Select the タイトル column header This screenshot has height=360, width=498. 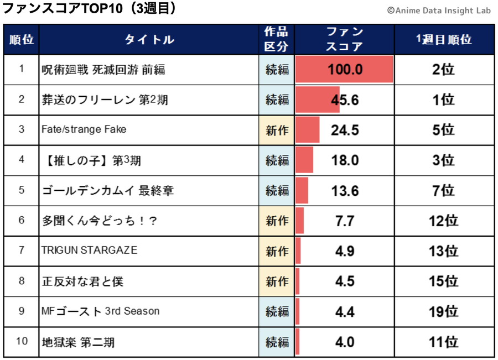[149, 39]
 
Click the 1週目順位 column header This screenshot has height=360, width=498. [444, 39]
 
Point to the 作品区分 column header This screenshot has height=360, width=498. [276, 39]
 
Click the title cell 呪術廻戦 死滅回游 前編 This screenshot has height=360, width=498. [103, 70]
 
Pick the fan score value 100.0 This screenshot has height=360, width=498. [345, 70]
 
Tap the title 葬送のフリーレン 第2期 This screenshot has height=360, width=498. [105, 100]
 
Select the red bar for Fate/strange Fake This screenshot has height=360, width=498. [307, 130]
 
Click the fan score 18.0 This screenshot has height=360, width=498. [345, 160]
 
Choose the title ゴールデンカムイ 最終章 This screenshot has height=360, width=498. [108, 191]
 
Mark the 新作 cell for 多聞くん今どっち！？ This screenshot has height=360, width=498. [277, 221]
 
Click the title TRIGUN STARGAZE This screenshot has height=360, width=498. [89, 251]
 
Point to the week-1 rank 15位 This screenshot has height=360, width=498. [444, 281]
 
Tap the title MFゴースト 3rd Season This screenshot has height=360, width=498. [100, 311]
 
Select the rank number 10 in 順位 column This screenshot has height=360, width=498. [22, 341]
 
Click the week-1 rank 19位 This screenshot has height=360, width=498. [444, 312]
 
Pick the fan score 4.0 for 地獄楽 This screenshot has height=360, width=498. [345, 342]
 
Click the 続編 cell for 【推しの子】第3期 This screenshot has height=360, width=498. [277, 160]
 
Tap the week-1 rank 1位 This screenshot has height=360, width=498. [444, 100]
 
